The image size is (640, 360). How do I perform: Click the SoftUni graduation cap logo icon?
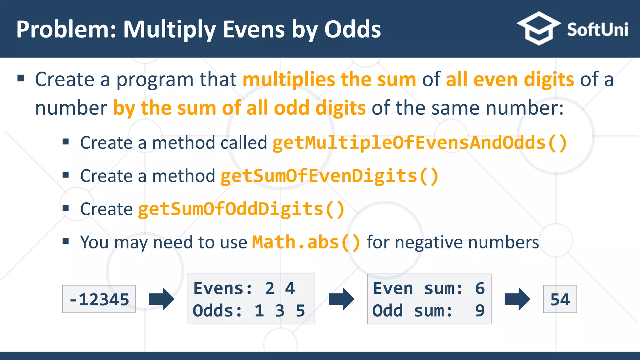538,29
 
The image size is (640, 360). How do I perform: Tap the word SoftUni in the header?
597,30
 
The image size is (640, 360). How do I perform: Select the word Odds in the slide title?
352,29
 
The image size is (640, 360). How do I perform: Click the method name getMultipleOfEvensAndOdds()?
420,143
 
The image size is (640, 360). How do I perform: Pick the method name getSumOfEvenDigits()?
329,176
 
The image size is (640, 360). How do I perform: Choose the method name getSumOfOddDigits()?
241,209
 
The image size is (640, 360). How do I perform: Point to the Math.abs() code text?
306,242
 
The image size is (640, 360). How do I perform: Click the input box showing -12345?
99,299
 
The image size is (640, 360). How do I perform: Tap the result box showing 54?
560,299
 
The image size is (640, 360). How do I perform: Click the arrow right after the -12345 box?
161,299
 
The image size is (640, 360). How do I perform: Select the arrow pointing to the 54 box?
517,299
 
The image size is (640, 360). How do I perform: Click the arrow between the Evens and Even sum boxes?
341,299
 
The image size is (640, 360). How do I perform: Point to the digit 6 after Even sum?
480,288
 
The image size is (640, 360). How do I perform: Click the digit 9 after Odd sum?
480,311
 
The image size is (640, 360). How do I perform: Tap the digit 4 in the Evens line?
290,288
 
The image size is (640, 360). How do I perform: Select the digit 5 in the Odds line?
300,311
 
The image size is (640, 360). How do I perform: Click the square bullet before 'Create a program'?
21,78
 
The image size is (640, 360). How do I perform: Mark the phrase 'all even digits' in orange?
510,79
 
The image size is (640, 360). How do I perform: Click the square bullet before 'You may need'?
66,241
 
